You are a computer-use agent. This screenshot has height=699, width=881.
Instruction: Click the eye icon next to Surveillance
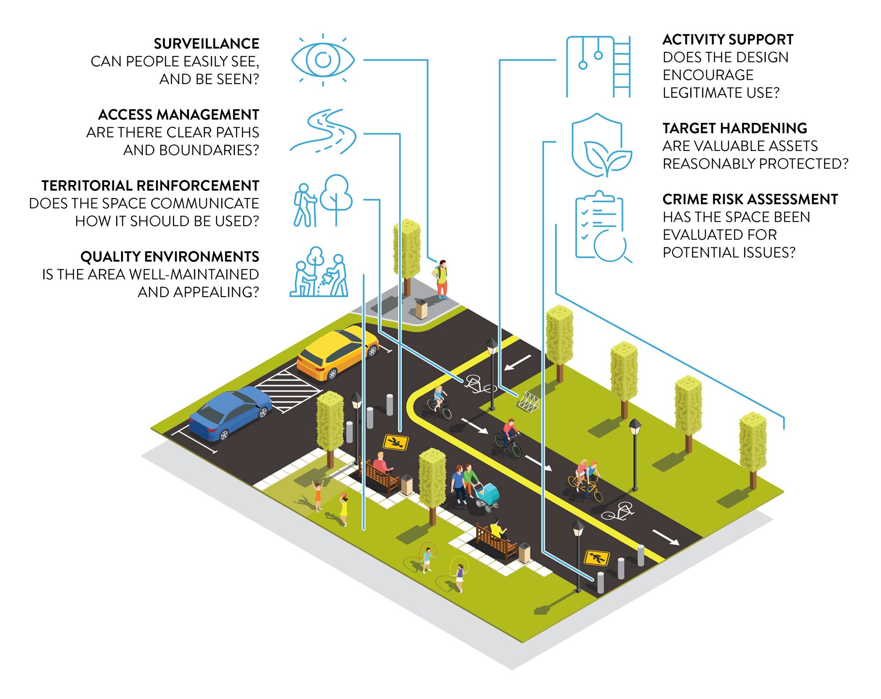pyautogui.click(x=323, y=59)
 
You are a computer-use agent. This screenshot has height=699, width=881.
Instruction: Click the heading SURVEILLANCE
pyautogui.click(x=207, y=44)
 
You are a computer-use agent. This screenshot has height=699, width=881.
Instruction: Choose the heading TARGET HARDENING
pyautogui.click(x=735, y=128)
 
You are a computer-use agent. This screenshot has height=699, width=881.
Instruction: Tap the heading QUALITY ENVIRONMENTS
pyautogui.click(x=170, y=257)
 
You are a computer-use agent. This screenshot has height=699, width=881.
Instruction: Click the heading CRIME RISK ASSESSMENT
pyautogui.click(x=750, y=199)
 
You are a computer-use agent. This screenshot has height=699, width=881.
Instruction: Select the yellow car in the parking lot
pyautogui.click(x=337, y=353)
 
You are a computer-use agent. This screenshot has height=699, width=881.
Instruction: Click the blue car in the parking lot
pyautogui.click(x=230, y=414)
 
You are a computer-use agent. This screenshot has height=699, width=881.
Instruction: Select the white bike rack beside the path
pyautogui.click(x=529, y=401)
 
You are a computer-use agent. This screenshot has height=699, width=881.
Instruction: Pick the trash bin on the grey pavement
pyautogui.click(x=422, y=309)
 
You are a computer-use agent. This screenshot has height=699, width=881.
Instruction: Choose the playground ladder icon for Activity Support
pyautogui.click(x=599, y=67)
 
